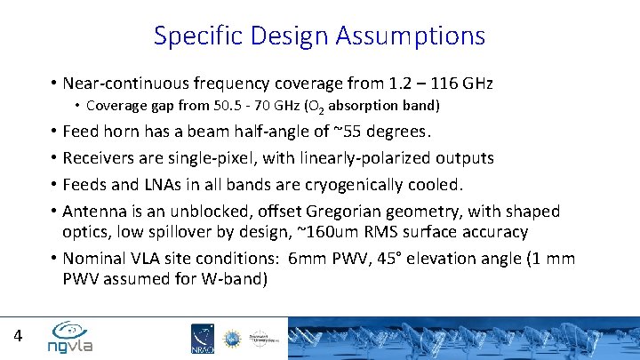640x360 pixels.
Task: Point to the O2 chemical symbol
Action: pos(307,107)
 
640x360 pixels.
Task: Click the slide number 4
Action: pos(18,336)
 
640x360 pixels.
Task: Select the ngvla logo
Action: pos(72,337)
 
